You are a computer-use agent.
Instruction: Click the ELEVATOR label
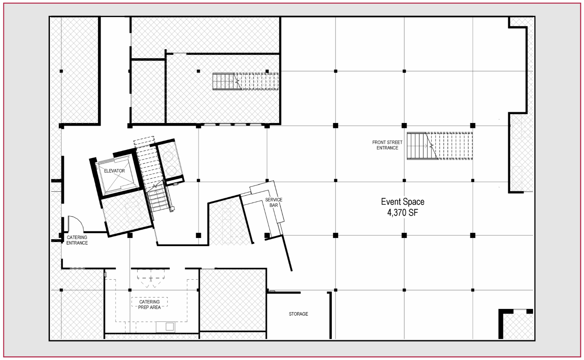click(114, 171)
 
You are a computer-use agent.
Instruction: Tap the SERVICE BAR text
click(274, 202)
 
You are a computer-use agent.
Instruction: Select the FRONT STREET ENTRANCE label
click(387, 145)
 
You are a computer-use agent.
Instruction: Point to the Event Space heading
click(403, 202)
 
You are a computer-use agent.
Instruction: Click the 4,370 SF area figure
click(403, 213)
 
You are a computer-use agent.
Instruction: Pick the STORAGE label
click(298, 314)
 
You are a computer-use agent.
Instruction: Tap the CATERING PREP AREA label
click(150, 305)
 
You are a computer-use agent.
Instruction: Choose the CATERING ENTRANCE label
click(77, 240)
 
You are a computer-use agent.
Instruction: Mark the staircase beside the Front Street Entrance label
click(440, 146)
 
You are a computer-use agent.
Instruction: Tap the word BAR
click(274, 205)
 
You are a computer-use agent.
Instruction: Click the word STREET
click(394, 142)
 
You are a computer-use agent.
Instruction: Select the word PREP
click(144, 307)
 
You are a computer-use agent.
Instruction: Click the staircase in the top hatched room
click(246, 81)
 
